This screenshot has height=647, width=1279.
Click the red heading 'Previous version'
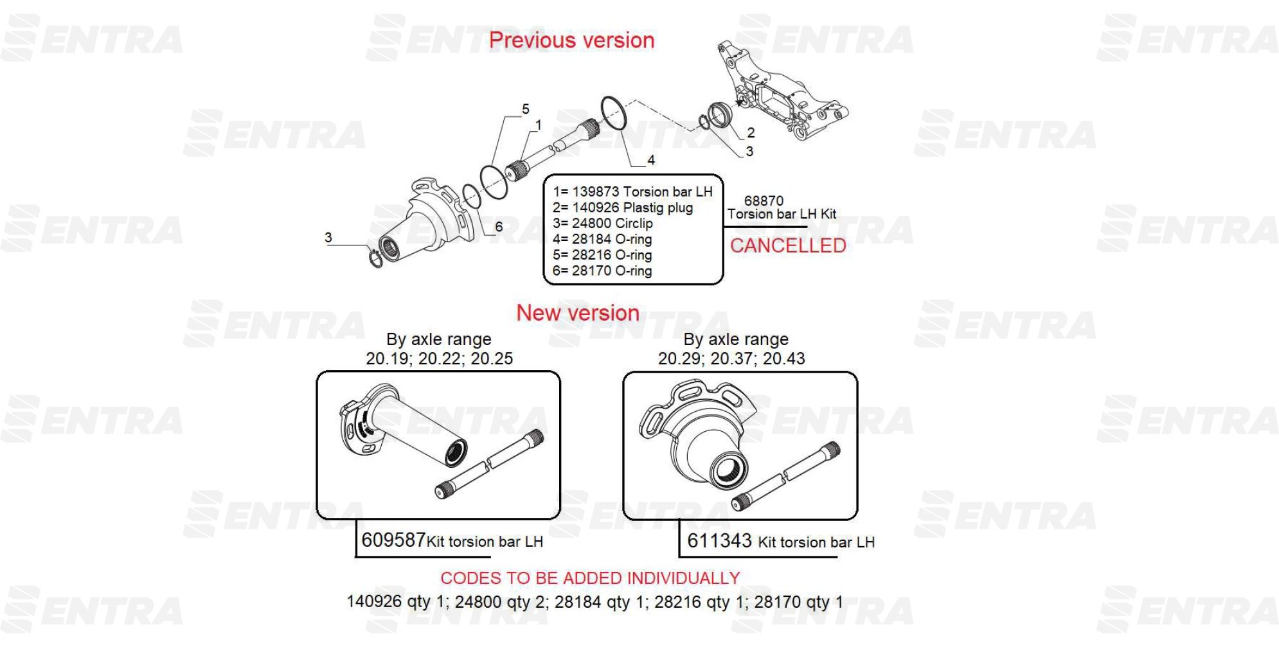pyautogui.click(x=571, y=40)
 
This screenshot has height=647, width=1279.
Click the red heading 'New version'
pyautogui.click(x=578, y=313)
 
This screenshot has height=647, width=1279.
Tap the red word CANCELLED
pyautogui.click(x=788, y=245)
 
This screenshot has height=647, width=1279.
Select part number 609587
pyautogui.click(x=393, y=539)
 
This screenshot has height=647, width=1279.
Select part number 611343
pyautogui.click(x=719, y=540)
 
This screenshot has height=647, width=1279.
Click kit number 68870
pyautogui.click(x=764, y=200)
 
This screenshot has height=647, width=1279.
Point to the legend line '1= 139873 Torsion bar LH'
pyautogui.click(x=632, y=191)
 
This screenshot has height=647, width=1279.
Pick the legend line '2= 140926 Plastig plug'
pyautogui.click(x=623, y=208)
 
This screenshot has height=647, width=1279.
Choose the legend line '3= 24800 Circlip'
pyautogui.click(x=603, y=224)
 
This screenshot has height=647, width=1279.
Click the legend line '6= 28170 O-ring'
pyautogui.click(x=602, y=270)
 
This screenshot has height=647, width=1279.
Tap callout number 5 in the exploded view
pyautogui.click(x=526, y=109)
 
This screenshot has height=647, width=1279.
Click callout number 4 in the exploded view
pyautogui.click(x=651, y=160)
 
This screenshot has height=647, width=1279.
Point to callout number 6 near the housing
pyautogui.click(x=499, y=227)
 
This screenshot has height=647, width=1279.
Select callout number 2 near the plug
pyautogui.click(x=751, y=133)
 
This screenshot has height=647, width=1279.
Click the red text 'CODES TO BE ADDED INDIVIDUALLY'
pyautogui.click(x=590, y=578)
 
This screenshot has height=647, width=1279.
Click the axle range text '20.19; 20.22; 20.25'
pyautogui.click(x=440, y=359)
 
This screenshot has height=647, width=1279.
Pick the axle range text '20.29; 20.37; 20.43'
pyautogui.click(x=731, y=359)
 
